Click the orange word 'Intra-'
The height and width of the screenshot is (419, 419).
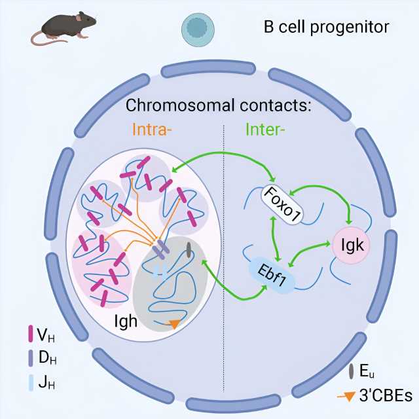pyautogui.click(x=152, y=130)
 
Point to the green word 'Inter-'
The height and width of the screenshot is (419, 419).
pyautogui.click(x=264, y=130)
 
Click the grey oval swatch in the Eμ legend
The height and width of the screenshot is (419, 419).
pyautogui.click(x=354, y=371)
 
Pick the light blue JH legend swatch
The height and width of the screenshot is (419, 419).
pyautogui.click(x=31, y=382)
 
